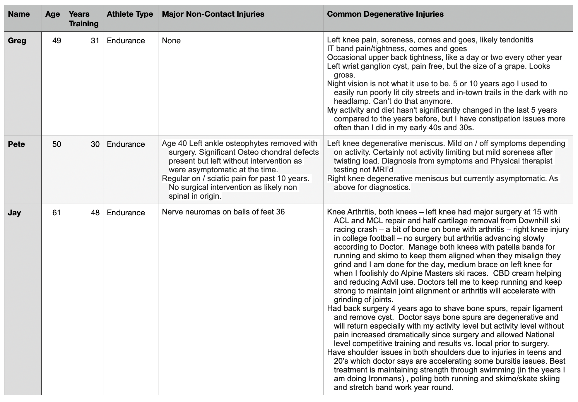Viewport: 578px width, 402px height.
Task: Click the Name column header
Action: [x=19, y=14]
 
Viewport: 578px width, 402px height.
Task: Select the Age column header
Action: [x=52, y=14]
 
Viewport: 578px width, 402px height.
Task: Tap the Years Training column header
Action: [x=83, y=19]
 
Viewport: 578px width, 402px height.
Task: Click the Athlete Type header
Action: [x=130, y=14]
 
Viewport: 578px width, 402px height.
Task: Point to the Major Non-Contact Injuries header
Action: [x=213, y=14]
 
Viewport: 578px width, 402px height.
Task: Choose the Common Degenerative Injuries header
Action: [x=385, y=14]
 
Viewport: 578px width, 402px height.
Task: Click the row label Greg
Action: [x=17, y=41]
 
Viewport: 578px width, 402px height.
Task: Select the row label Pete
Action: [x=16, y=144]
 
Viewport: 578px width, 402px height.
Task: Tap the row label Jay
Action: [x=14, y=213]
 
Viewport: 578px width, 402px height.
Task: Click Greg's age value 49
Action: [x=57, y=41]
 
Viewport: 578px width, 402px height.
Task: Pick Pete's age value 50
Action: [x=57, y=144]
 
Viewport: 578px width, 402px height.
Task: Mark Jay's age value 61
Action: [x=57, y=213]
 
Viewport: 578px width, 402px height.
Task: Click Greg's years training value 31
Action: [x=95, y=41]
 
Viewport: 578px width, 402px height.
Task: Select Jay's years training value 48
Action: [x=95, y=213]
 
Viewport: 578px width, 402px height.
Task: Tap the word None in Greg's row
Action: [x=171, y=41]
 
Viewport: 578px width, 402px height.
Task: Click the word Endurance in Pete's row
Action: [x=126, y=144]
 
